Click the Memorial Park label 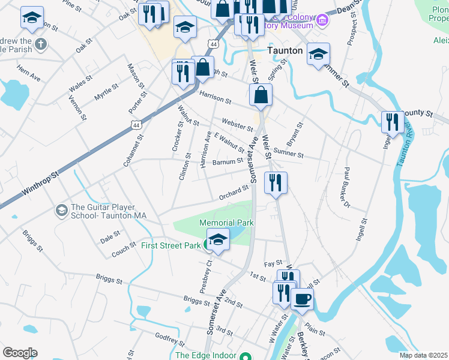point(227,223)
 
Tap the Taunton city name point(285,50)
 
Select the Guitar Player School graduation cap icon point(61,210)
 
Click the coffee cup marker point(302,298)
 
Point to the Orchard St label point(234,191)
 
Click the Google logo point(20,353)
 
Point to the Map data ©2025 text point(423,355)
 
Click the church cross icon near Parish point(41,44)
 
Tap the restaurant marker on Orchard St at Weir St point(276,182)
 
